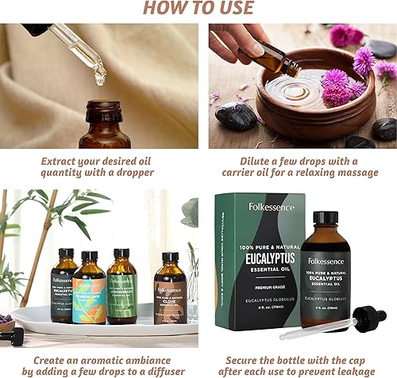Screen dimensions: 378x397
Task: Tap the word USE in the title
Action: (x=235, y=9)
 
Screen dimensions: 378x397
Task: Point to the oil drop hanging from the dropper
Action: (x=99, y=78)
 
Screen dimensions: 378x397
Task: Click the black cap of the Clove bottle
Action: (x=171, y=258)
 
